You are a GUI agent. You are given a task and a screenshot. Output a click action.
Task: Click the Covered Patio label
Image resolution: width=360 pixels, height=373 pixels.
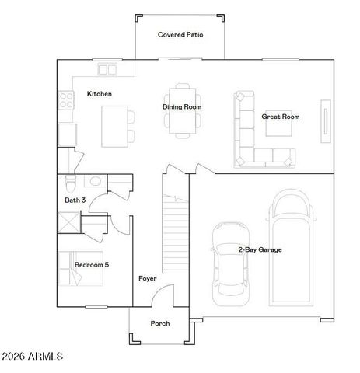(x=180, y=35)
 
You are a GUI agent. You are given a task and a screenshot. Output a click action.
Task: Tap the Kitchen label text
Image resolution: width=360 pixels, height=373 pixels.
(x=99, y=94)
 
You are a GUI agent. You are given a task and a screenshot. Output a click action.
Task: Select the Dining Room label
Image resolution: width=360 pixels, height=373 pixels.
(x=183, y=106)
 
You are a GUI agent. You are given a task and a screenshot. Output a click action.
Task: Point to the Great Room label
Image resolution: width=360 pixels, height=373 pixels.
(x=280, y=117)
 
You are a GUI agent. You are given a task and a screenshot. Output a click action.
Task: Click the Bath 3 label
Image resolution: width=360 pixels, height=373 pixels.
(x=75, y=200)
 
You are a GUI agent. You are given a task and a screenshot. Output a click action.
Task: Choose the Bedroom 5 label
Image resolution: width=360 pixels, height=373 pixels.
(x=91, y=265)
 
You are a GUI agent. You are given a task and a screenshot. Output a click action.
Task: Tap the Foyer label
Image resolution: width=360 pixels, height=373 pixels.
(x=148, y=278)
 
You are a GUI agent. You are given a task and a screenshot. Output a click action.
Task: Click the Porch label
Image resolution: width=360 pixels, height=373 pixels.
(x=159, y=323)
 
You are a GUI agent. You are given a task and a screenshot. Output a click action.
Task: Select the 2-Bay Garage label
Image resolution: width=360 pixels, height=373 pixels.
(x=259, y=249)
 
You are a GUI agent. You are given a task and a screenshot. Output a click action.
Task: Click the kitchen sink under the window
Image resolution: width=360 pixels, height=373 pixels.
(x=107, y=70)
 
